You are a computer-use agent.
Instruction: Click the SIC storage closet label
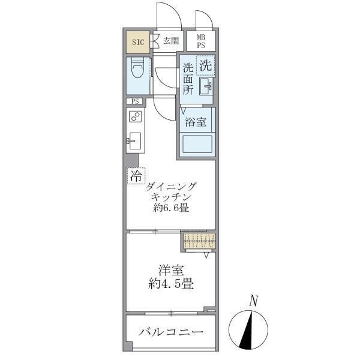coord(137,41)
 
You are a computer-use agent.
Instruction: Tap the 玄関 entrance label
coord(170,41)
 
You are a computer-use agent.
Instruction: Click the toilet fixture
coord(137,74)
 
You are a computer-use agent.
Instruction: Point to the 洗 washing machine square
coord(206,64)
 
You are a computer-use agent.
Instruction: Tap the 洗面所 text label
coord(188,79)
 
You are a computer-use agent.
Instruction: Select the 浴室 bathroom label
coord(196,122)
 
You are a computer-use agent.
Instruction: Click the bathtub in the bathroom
coord(197,145)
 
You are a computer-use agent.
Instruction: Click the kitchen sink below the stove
coord(134,142)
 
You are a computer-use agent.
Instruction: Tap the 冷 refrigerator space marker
coord(136,176)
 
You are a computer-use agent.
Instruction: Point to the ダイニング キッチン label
coord(171,191)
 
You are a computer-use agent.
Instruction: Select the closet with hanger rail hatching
coord(199,241)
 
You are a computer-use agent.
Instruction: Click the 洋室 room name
coord(171,271)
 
